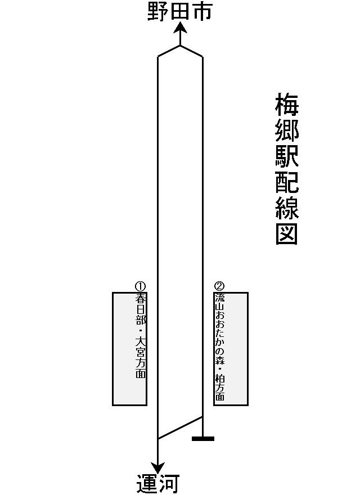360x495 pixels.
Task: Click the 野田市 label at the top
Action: tap(179, 12)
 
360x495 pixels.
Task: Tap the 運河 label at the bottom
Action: tap(158, 483)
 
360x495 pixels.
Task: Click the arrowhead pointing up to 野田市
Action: tap(180, 27)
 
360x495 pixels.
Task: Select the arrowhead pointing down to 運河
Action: tap(157, 467)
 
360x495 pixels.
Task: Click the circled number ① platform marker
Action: tap(140, 286)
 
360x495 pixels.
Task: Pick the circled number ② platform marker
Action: tap(219, 286)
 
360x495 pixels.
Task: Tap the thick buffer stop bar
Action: tap(202, 439)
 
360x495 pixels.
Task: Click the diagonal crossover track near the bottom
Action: tap(180, 427)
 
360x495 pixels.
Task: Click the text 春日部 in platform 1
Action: tap(141, 309)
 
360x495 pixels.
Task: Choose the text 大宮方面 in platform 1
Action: tap(141, 357)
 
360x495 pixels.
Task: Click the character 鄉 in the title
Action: tap(287, 130)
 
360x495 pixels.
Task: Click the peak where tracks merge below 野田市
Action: tap(180, 46)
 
